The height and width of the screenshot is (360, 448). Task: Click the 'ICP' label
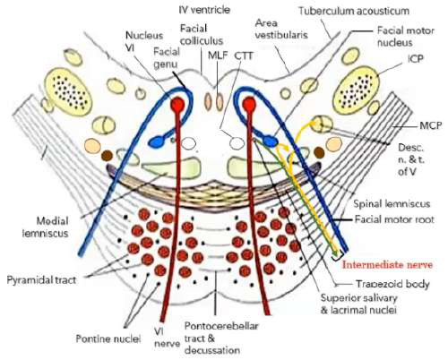click(411, 67)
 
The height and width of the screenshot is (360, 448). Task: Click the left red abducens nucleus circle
click(177, 107)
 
